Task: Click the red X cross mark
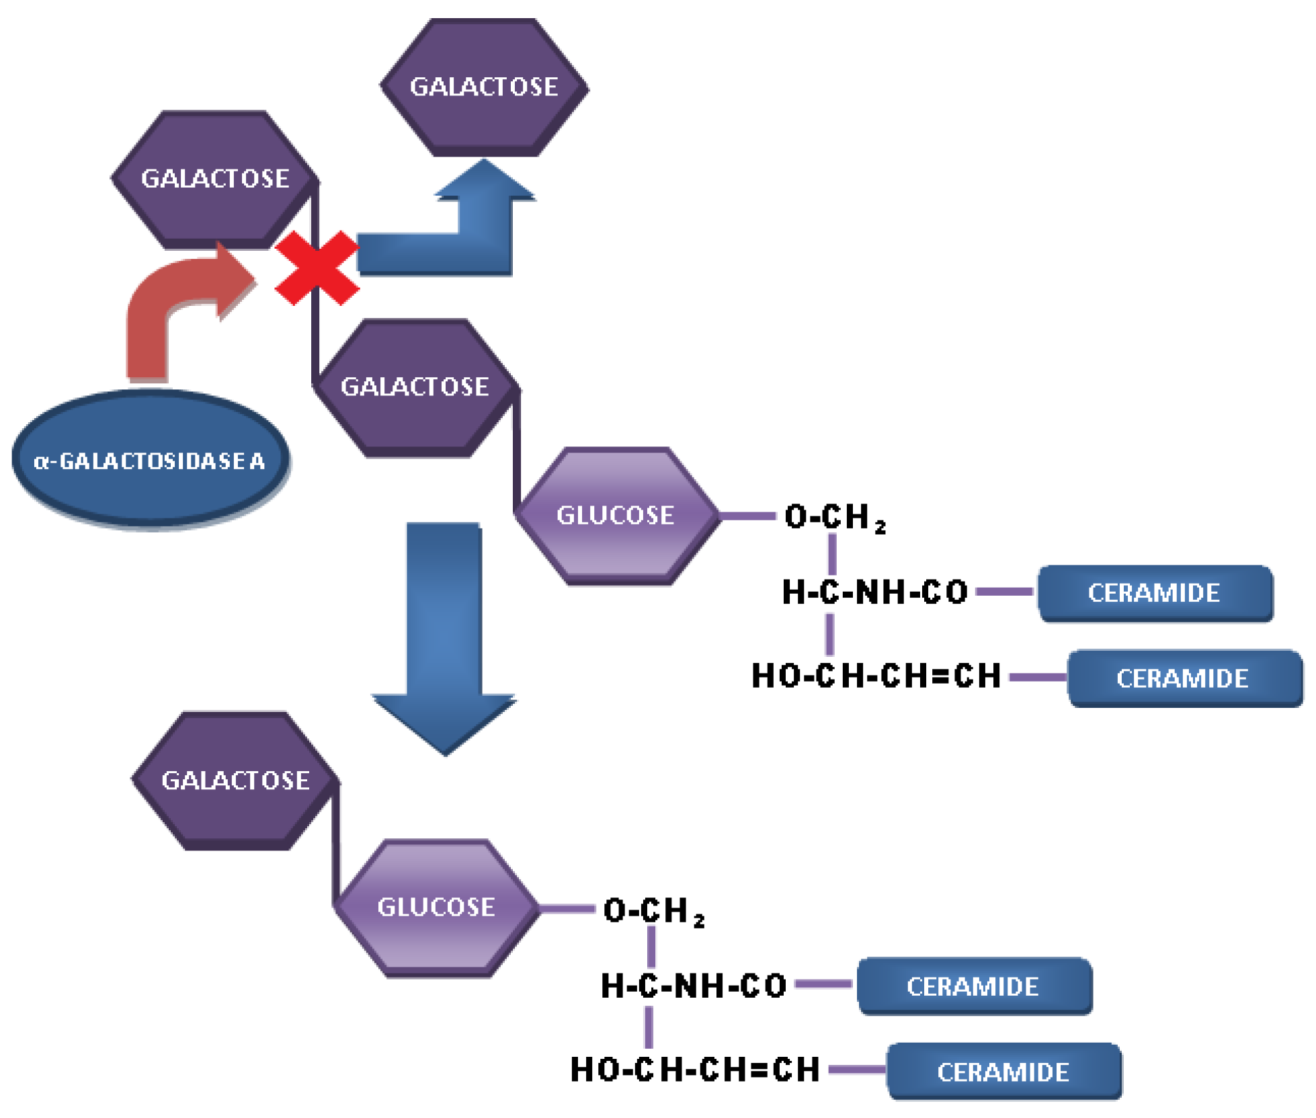[317, 268]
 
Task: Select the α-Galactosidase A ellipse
[151, 460]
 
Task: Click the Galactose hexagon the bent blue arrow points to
[484, 87]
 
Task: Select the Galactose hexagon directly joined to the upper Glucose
[415, 387]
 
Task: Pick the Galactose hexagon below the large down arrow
[235, 781]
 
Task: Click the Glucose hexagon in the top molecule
[616, 516]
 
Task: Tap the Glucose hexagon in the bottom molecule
[437, 908]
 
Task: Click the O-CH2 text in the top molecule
[834, 517]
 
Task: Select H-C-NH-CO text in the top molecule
[874, 592]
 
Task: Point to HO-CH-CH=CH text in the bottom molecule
[695, 1070]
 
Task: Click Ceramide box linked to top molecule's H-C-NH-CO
[1155, 593]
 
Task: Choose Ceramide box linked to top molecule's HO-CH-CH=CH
[1184, 678]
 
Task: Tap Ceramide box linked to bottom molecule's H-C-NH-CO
[973, 986]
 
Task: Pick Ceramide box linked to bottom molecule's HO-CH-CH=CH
[1003, 1072]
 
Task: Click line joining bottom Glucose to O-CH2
[567, 909]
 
